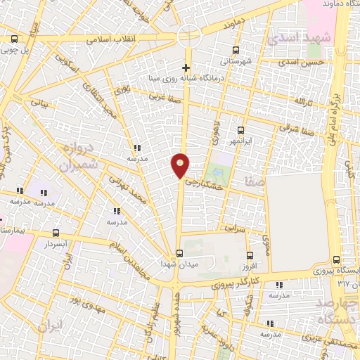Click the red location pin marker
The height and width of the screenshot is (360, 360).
181,166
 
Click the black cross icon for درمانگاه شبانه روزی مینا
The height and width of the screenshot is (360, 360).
186,68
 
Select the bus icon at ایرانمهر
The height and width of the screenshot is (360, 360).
240,130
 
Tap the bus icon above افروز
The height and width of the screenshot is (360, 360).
250,256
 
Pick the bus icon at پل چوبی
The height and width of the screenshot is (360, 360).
15,39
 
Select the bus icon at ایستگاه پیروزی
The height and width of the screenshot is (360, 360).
335,259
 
